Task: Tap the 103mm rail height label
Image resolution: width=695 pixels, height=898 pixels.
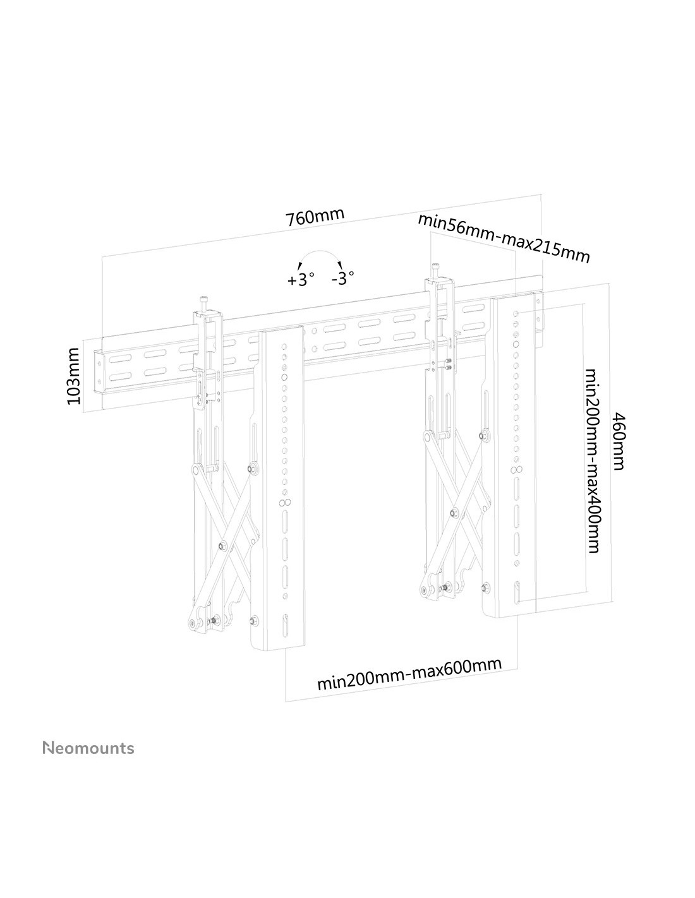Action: [73, 376]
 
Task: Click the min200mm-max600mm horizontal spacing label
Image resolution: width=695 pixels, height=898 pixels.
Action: [409, 673]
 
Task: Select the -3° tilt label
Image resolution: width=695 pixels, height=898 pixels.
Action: [342, 278]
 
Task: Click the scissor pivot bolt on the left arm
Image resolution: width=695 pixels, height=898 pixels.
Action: [223, 546]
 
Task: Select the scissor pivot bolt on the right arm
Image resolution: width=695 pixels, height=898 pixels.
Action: [454, 513]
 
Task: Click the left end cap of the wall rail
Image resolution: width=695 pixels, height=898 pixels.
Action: [99, 373]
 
